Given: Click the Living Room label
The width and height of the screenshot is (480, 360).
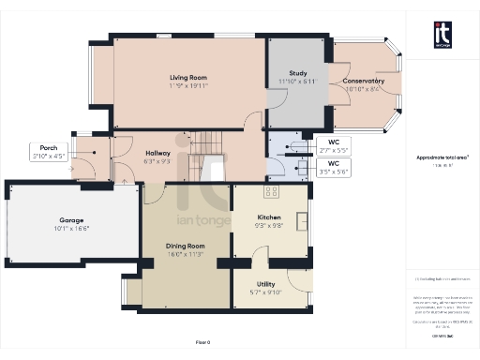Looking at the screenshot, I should (187, 77).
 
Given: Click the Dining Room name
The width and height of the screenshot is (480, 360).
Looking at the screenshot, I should (185, 246).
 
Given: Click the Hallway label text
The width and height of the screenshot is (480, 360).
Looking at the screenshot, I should (157, 155).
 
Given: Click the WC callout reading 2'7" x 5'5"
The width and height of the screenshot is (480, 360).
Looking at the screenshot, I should (332, 146).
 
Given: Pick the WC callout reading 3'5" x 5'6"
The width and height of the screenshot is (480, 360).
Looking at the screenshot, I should (332, 169).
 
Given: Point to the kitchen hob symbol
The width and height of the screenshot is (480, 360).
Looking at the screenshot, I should (271, 192).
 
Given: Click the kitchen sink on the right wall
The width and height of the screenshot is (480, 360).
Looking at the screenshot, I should (303, 221).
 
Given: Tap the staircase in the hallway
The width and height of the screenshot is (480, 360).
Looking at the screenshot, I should (208, 144).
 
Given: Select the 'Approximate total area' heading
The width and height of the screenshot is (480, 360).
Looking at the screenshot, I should (442, 157).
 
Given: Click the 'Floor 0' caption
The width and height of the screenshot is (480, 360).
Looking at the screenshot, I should (202, 343).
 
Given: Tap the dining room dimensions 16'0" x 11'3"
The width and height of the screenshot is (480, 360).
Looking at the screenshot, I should (185, 252).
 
